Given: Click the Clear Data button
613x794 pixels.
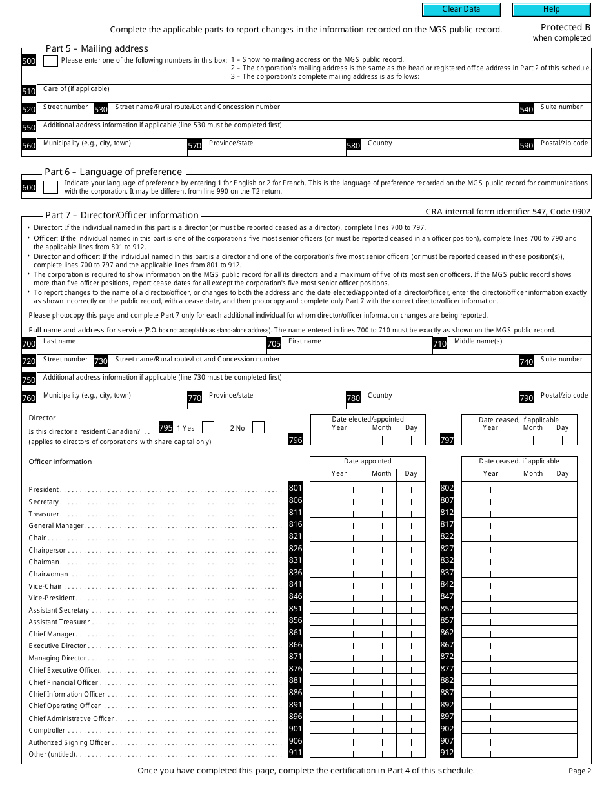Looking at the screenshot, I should [x=461, y=10].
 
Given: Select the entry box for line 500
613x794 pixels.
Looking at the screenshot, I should [x=50, y=61].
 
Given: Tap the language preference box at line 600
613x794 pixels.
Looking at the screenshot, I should [x=50, y=187].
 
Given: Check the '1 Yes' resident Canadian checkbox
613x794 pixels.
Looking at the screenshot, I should [x=208, y=427].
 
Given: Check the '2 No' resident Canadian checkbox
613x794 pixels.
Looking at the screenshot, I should [x=258, y=427].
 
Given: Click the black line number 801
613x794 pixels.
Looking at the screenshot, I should [x=296, y=488].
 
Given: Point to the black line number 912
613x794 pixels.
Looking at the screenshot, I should [x=447, y=753].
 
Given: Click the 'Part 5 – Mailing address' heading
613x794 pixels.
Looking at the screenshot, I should [x=97, y=48].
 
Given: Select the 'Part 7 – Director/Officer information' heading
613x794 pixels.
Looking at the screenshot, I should [x=121, y=215].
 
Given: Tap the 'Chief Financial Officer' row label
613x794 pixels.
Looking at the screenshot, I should [x=63, y=682].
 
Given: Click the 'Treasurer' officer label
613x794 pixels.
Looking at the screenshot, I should [x=44, y=514].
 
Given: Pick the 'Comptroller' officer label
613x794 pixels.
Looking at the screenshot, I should [x=46, y=731].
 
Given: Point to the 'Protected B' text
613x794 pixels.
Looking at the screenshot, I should [x=565, y=27].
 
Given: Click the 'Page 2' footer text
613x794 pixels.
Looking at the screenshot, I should [x=579, y=771].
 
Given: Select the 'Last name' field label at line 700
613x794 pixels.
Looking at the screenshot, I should [x=59, y=341].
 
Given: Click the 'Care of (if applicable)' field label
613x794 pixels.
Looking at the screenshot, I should [x=76, y=88].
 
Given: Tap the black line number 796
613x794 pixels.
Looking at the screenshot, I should [x=296, y=440].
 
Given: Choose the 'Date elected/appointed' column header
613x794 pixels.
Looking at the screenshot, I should [x=367, y=420].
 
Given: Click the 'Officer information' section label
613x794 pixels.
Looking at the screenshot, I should [x=60, y=462].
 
